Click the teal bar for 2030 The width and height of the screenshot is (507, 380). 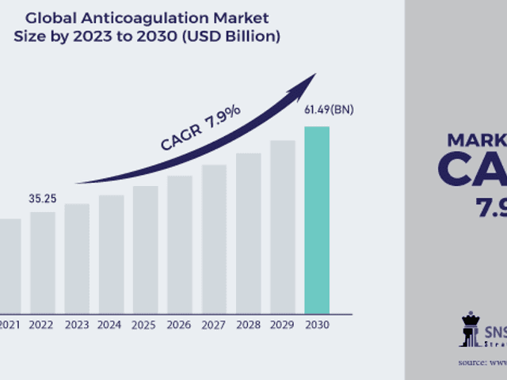[x=317, y=219]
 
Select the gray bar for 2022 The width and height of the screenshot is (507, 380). [x=43, y=262]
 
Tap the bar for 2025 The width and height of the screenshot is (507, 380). [x=145, y=249]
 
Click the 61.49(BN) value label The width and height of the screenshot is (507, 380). [x=329, y=110]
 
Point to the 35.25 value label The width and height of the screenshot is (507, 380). [x=43, y=198]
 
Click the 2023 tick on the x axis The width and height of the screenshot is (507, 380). [x=77, y=325]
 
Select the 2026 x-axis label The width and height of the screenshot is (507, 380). [x=179, y=325]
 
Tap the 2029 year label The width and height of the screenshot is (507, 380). [x=282, y=325]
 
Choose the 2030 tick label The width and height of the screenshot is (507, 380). [x=317, y=325]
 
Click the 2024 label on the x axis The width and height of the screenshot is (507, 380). [x=111, y=325]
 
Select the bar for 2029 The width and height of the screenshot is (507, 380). [x=282, y=226]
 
